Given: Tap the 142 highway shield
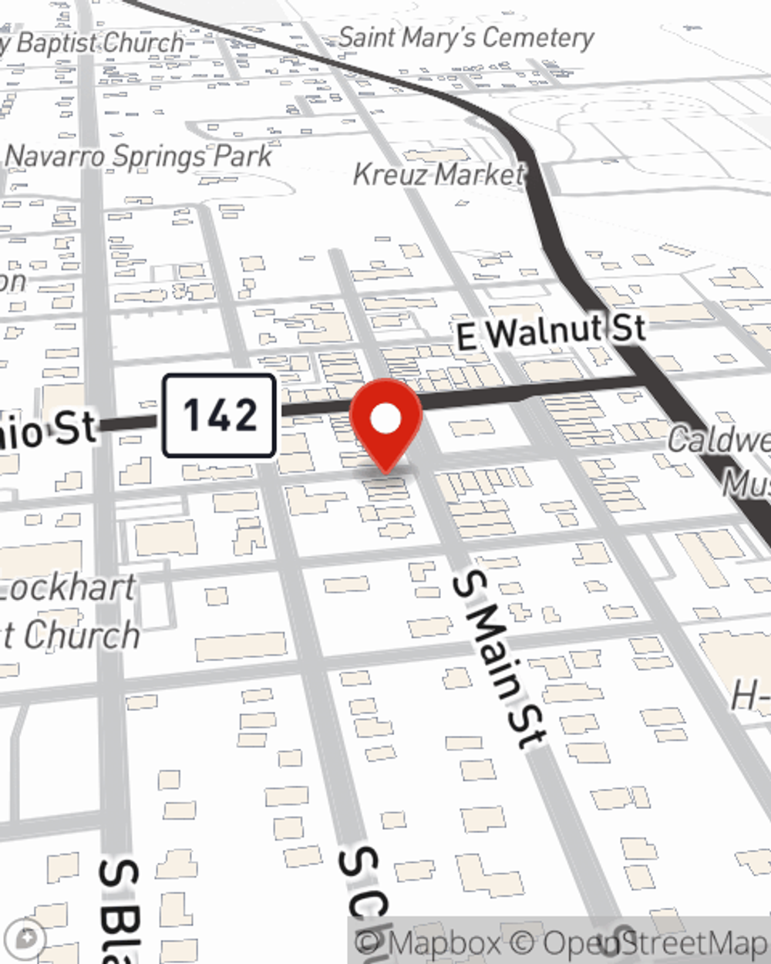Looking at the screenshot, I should pyautogui.click(x=219, y=416).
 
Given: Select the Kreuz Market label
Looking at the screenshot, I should pyautogui.click(x=439, y=174).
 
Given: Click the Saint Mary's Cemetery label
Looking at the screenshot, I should pyautogui.click(x=466, y=37).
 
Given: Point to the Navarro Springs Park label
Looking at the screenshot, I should pyautogui.click(x=139, y=157).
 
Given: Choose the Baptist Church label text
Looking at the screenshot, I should pyautogui.click(x=96, y=43).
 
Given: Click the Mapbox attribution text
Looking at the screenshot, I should pyautogui.click(x=428, y=943).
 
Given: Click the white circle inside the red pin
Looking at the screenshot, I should pyautogui.click(x=386, y=419).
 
